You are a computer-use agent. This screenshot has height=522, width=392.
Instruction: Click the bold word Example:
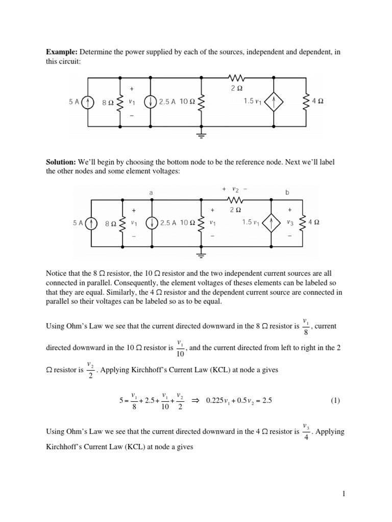62,52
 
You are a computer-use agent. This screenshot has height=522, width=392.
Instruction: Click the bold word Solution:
61,161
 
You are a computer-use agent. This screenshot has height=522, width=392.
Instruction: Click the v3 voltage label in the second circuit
290,223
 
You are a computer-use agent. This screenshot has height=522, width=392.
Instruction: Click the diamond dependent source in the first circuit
274,101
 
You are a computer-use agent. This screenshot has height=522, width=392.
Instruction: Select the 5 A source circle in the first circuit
89,101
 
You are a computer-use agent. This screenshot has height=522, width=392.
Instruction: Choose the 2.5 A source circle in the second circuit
151,223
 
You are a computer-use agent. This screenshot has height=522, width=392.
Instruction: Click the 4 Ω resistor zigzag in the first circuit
306,101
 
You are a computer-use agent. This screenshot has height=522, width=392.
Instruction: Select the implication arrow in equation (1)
194,401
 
